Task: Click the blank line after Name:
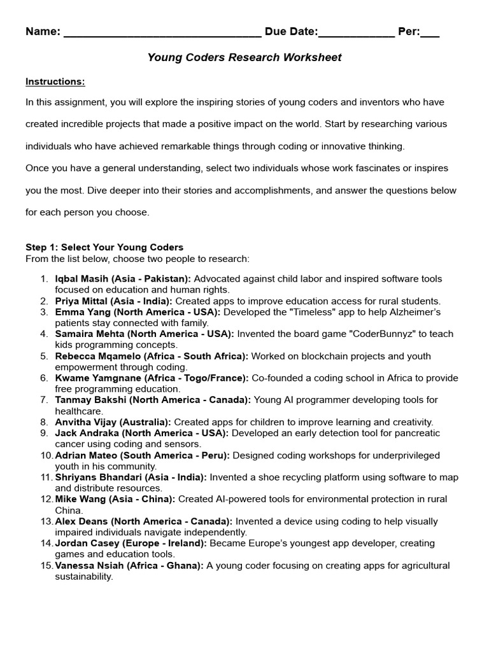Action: (x=162, y=33)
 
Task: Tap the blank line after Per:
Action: (x=430, y=33)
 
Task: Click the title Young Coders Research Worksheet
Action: (x=244, y=58)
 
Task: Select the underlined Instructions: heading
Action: (x=55, y=81)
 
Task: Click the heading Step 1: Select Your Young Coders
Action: (x=104, y=247)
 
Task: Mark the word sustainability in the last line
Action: (x=84, y=577)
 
